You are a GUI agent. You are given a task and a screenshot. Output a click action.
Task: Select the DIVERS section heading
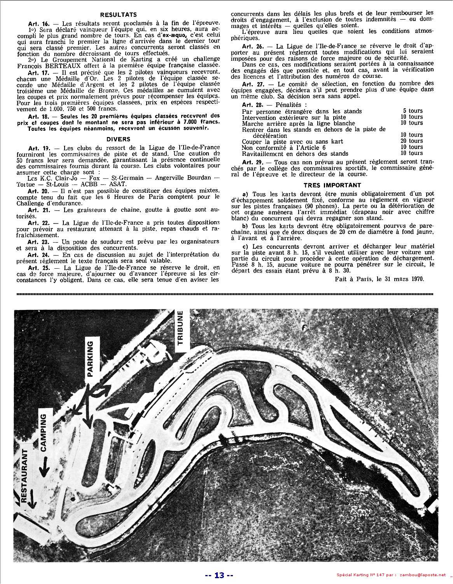[119, 139]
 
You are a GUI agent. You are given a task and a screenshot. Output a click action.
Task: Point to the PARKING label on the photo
[90, 359]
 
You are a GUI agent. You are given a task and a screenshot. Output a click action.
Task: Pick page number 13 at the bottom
[219, 575]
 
